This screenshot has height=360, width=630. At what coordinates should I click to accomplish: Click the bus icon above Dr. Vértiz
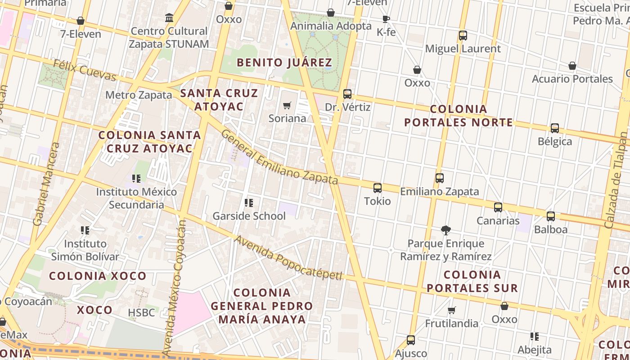click(347, 94)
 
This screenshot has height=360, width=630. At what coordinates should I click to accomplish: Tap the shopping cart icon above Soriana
click(287, 106)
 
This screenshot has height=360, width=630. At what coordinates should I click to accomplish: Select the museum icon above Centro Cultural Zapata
click(169, 18)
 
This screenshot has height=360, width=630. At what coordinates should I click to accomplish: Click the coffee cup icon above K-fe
click(386, 19)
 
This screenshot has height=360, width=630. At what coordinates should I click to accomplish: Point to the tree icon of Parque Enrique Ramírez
click(445, 230)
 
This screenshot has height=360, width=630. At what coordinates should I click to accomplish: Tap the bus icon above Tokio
click(377, 188)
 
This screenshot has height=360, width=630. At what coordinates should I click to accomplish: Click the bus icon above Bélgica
click(554, 128)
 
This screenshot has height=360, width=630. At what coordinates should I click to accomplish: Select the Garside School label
click(249, 216)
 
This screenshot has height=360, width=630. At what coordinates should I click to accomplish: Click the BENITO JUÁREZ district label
click(284, 63)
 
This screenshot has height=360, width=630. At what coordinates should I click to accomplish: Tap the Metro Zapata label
click(139, 95)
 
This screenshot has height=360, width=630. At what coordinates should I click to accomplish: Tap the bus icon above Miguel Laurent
click(463, 36)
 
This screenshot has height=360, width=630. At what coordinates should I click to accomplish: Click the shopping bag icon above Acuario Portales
click(572, 66)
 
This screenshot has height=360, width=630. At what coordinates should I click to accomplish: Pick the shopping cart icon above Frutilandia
click(451, 310)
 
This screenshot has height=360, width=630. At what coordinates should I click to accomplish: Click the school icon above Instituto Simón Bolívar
click(85, 230)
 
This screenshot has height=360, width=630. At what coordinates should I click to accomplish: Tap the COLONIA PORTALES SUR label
click(472, 281)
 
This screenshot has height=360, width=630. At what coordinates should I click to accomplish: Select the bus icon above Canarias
click(498, 207)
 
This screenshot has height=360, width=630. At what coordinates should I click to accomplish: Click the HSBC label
click(141, 313)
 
